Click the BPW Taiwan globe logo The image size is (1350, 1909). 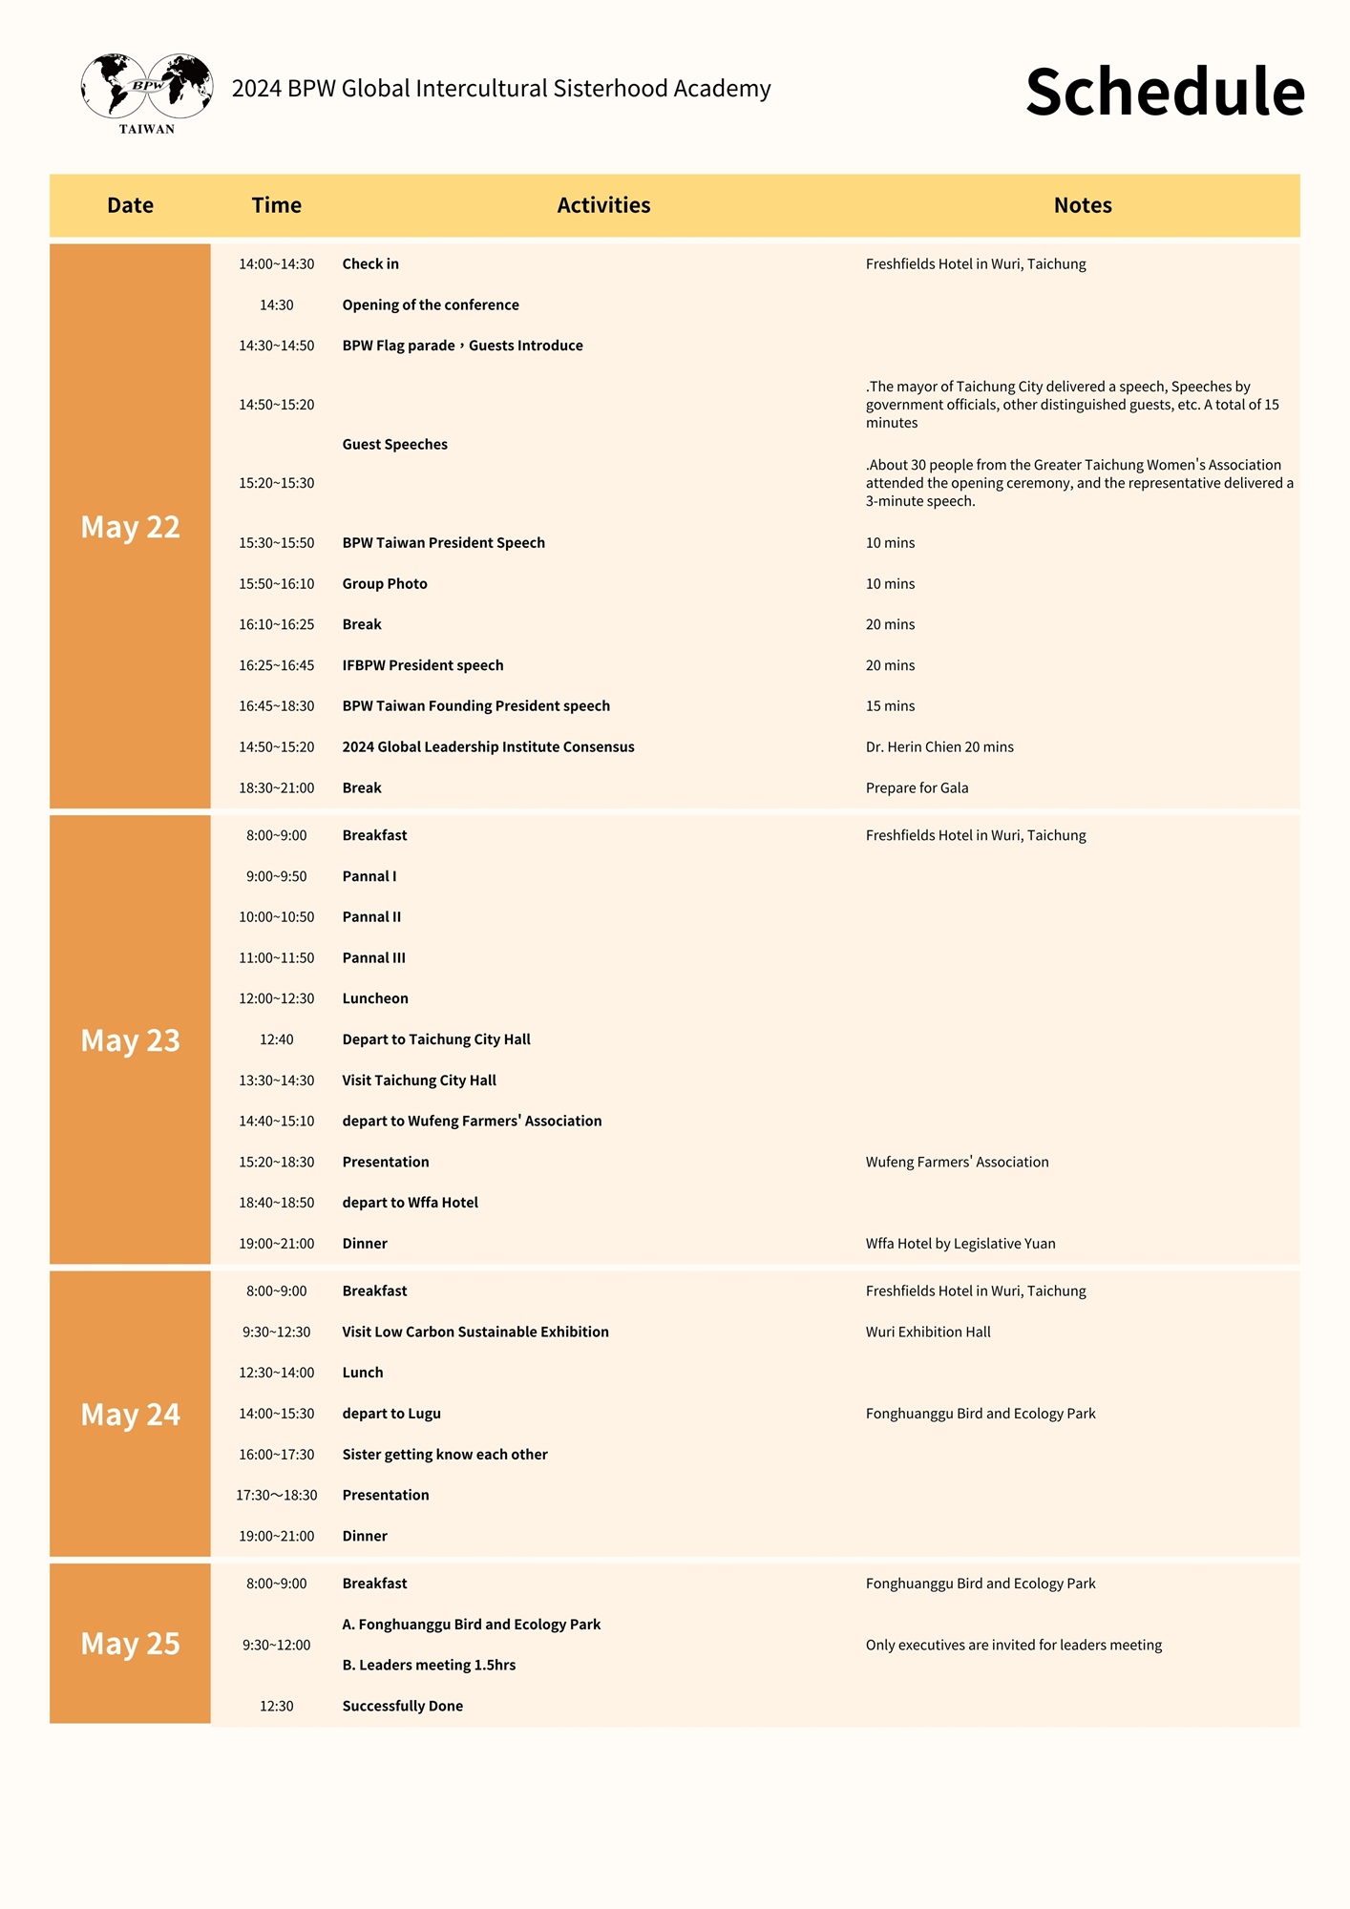point(147,93)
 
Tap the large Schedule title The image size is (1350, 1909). point(1165,93)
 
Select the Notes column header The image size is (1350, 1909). point(1083,205)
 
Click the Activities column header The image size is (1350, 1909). point(603,205)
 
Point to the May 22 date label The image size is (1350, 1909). point(130,527)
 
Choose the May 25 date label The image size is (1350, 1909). point(130,1644)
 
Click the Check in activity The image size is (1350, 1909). point(370,264)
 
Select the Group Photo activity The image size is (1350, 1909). point(385,584)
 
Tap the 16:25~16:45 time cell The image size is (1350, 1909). point(276,665)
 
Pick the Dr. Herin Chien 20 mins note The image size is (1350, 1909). point(939,747)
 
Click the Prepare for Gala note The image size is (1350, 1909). point(917,788)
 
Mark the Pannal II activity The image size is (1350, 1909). point(371,917)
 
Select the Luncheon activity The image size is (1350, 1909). point(375,998)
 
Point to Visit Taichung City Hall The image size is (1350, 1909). point(419,1080)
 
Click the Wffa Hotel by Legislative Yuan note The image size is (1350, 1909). point(960,1244)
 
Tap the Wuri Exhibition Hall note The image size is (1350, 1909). point(928,1332)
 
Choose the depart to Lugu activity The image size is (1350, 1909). point(391,1414)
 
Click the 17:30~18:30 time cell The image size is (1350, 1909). point(276,1496)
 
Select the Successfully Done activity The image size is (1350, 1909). point(402,1707)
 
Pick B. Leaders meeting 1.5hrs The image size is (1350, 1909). point(429,1666)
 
